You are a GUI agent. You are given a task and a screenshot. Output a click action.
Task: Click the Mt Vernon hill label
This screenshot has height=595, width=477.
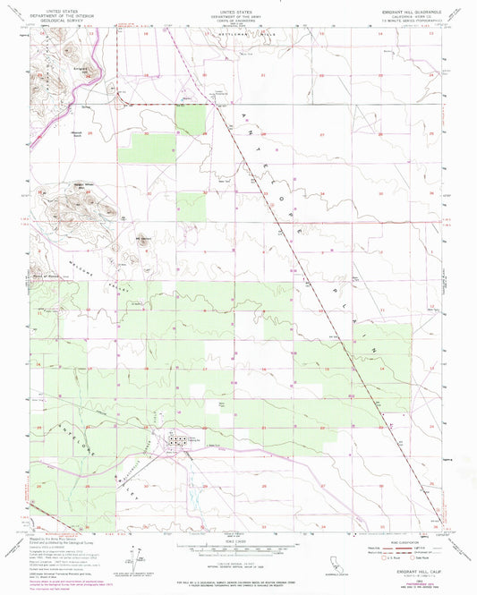(141, 238)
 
